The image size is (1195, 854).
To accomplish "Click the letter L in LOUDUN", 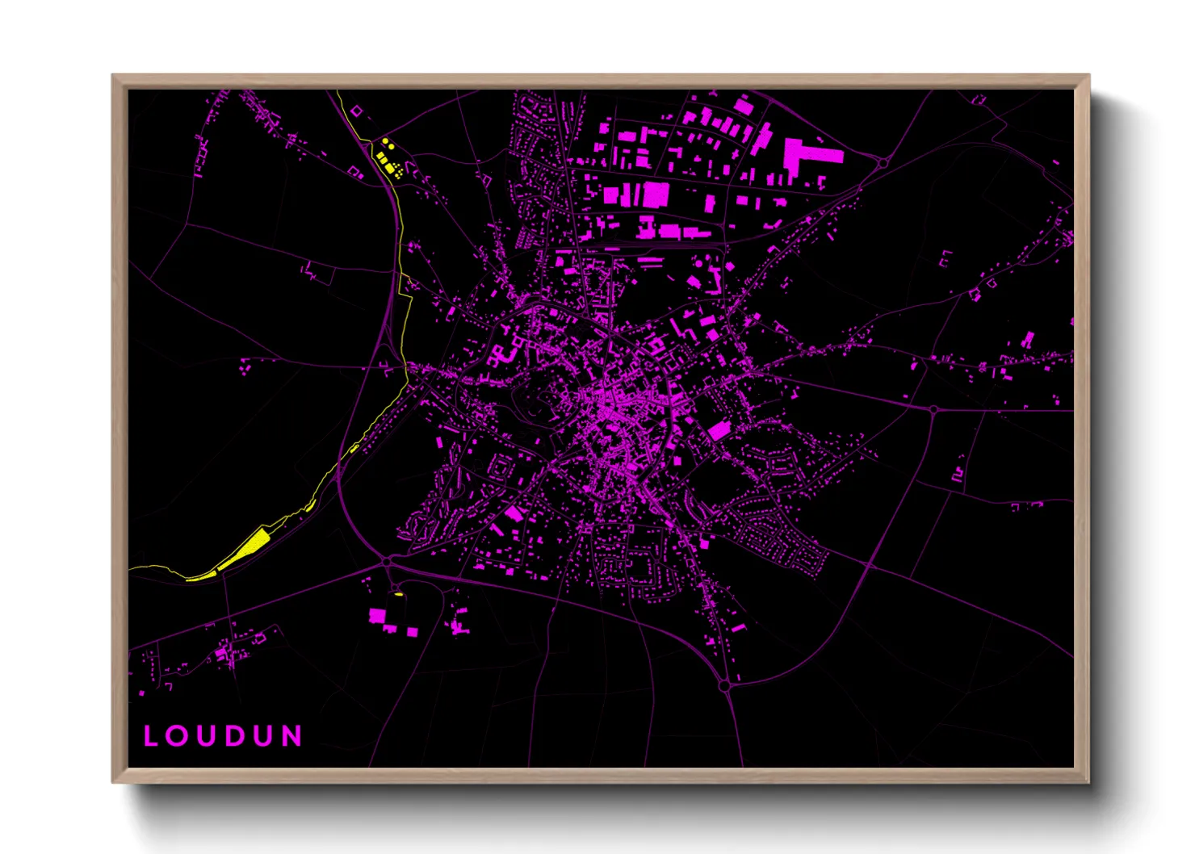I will (150, 735).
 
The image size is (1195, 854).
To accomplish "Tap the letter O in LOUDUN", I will (178, 735).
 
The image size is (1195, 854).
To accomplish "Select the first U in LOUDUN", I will (206, 735).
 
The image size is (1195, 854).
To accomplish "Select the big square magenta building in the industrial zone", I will (655, 195).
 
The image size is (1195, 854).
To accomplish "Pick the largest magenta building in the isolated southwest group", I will (377, 616).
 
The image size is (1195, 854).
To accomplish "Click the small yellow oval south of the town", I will (397, 595).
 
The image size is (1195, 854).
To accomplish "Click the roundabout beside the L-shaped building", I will (883, 163).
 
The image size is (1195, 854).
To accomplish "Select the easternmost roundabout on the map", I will (933, 409).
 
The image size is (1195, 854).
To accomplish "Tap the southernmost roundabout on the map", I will (724, 686).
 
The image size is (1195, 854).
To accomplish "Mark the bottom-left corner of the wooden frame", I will (113, 781).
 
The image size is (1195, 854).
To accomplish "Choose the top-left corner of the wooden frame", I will (113, 75).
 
